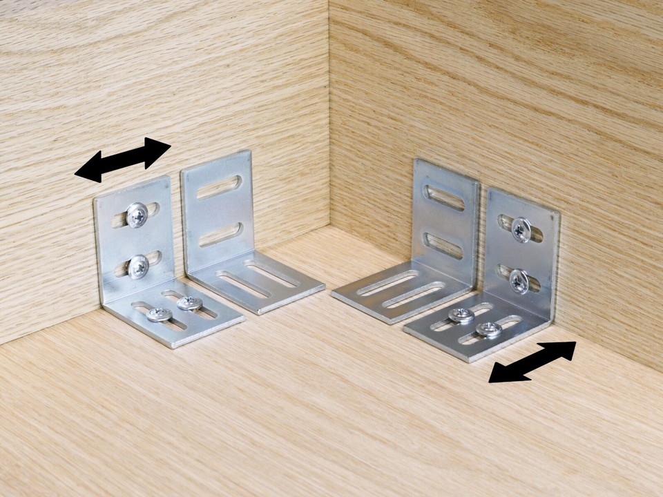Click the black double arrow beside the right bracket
point(532,362)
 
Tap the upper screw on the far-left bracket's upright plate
point(137,215)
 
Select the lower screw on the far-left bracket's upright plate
point(139,266)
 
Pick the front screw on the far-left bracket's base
point(160,315)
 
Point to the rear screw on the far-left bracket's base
point(189,302)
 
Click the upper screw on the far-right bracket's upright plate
point(521,229)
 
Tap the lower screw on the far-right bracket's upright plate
point(519,280)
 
